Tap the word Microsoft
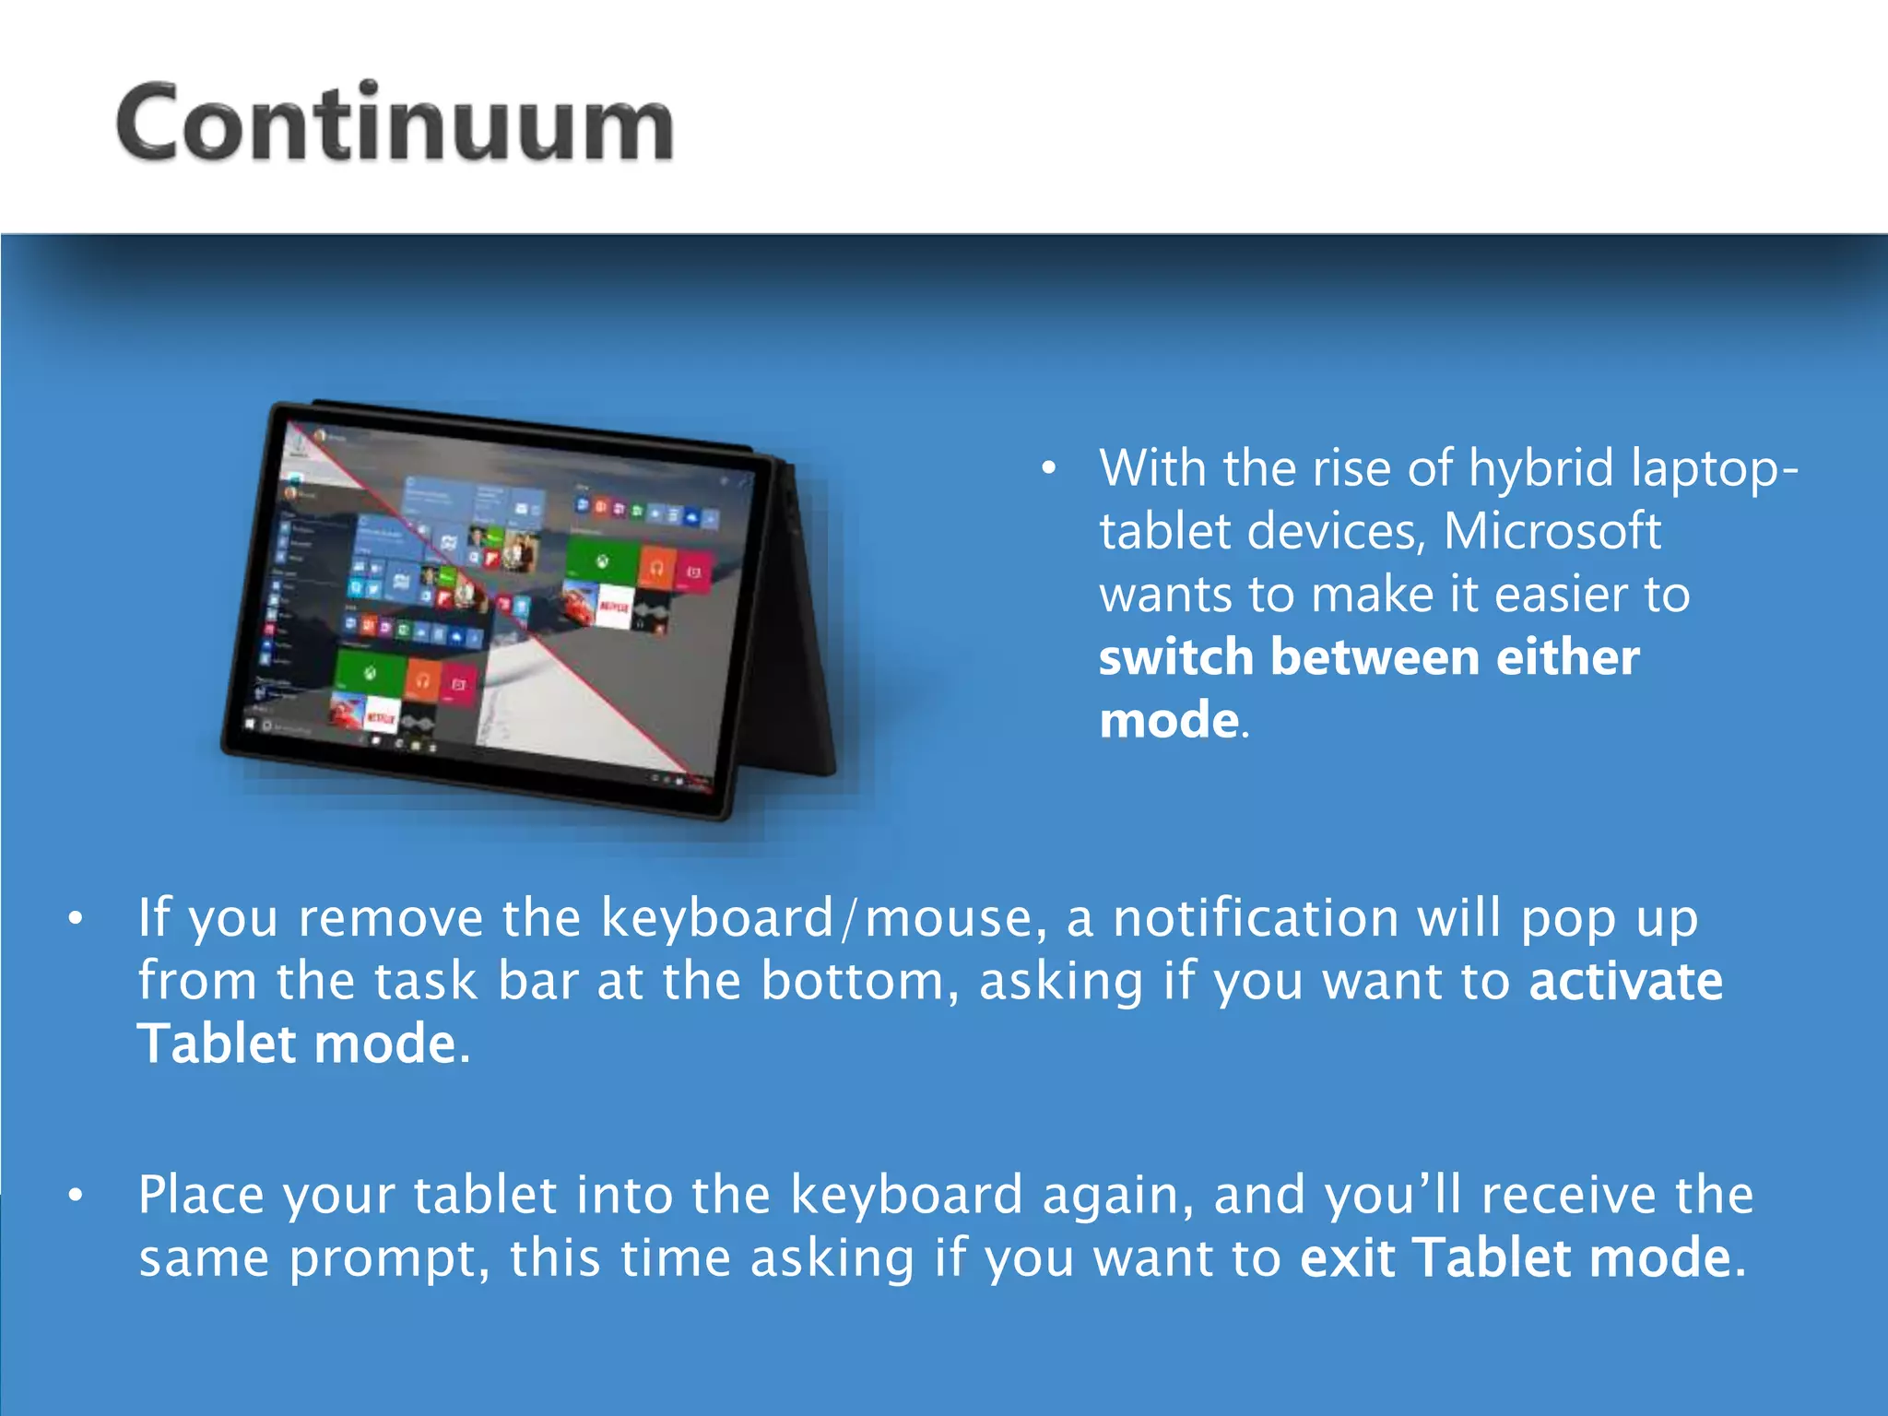pos(1552,531)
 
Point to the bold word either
pos(1567,657)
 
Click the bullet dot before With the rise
pos(1048,469)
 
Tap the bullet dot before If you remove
pos(76,918)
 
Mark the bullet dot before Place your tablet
pos(76,1195)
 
